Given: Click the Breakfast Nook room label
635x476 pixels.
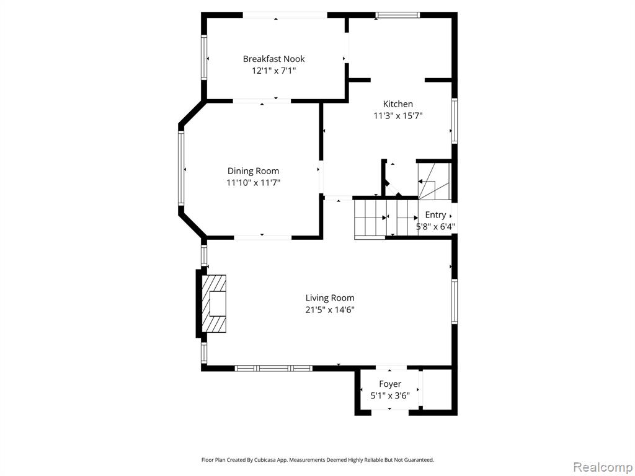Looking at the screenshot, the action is click(273, 59).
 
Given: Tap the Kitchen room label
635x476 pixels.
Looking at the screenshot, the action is click(398, 104).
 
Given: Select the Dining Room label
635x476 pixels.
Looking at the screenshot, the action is click(253, 171).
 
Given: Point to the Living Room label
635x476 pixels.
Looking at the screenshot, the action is click(330, 298).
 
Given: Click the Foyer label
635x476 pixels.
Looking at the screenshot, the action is click(390, 384).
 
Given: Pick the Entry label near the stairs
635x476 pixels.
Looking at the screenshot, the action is click(435, 215).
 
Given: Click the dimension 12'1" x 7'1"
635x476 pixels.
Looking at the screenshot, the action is click(273, 71).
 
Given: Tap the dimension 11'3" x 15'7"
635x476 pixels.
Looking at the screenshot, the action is click(398, 116).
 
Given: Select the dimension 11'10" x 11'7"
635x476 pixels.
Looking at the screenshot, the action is click(254, 183).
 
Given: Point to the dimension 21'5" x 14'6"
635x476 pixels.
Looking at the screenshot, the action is click(330, 311).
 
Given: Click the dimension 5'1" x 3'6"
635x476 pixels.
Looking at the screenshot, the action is click(390, 396).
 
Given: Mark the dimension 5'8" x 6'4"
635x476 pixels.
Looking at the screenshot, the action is click(436, 227).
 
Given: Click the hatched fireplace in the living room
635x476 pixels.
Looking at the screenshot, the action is click(214, 304).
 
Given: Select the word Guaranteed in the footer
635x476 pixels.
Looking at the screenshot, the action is click(420, 460).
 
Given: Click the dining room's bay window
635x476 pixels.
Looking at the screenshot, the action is click(181, 169).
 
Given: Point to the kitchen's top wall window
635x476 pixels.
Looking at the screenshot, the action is click(397, 15).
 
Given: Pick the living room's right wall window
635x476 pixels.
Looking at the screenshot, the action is click(455, 301).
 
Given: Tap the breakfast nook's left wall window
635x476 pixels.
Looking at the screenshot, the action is click(204, 58).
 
